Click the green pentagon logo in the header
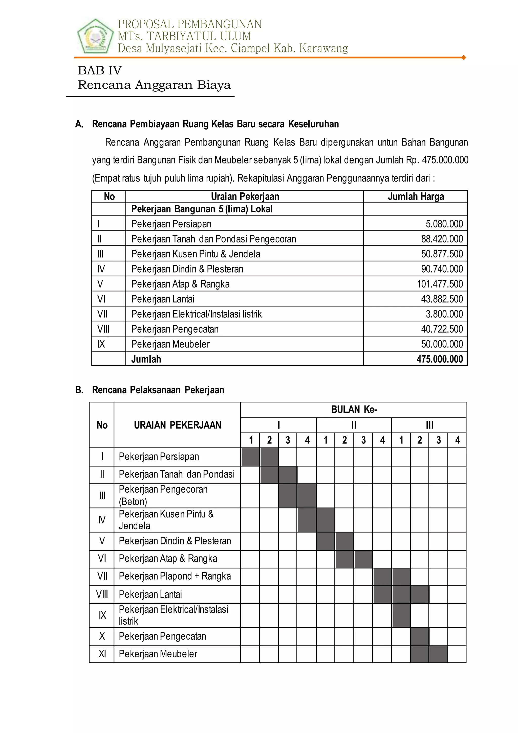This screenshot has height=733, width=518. (95, 36)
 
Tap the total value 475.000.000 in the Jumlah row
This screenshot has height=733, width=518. (439, 359)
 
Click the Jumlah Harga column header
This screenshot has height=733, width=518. (416, 197)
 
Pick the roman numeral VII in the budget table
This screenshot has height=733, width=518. (102, 314)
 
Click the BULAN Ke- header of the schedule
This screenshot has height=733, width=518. (354, 410)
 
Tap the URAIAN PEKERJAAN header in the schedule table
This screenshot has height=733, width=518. (177, 425)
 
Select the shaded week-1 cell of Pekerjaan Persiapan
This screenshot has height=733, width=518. (251, 457)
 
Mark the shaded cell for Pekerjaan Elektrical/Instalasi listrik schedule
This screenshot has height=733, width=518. (401, 615)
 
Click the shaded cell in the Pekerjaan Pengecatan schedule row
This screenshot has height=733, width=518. (420, 637)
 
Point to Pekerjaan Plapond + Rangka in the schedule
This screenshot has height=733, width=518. (175, 576)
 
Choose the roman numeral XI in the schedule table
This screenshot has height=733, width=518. (102, 654)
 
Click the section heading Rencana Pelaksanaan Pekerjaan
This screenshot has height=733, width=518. (158, 390)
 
